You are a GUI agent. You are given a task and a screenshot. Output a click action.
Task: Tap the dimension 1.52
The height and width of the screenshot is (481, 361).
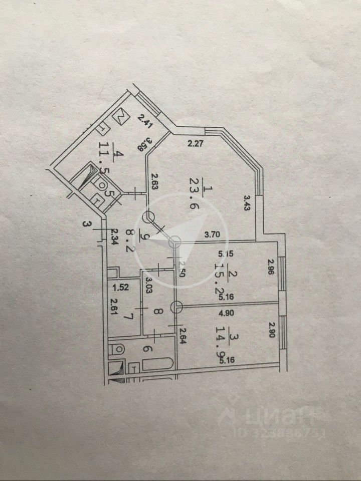coord(119,287)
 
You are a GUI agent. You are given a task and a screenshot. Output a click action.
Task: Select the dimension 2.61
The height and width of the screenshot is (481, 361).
coord(114,302)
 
